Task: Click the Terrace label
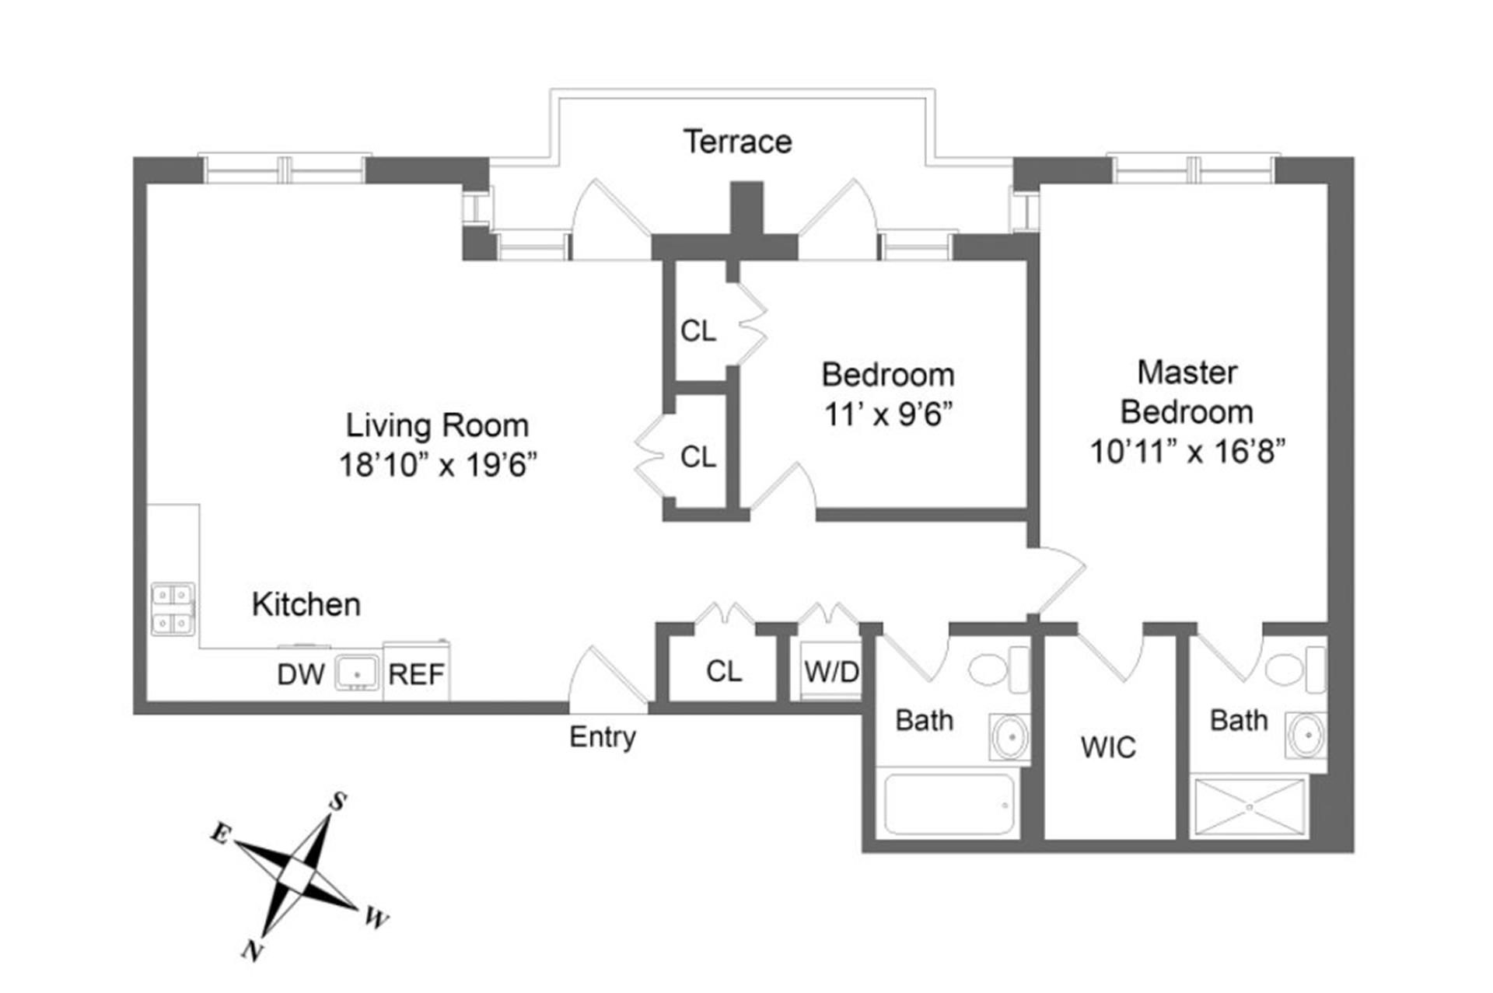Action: (737, 142)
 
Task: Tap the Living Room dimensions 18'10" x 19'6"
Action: (438, 465)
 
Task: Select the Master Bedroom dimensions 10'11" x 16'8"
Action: (1187, 451)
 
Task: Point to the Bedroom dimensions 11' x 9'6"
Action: (888, 414)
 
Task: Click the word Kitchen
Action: (306, 605)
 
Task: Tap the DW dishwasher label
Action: (300, 674)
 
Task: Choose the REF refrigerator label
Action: (416, 674)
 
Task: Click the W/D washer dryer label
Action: (831, 671)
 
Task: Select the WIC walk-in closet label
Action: (1108, 747)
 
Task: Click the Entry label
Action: (603, 736)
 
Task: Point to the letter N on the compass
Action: (250, 950)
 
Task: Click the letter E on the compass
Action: (221, 834)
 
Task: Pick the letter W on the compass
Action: (376, 919)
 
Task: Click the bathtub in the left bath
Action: (949, 804)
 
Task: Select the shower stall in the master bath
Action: (1249, 807)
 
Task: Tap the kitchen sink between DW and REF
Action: (357, 672)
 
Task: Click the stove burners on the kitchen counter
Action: (173, 609)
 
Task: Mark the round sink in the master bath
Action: (1306, 734)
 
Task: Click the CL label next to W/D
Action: (724, 671)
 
